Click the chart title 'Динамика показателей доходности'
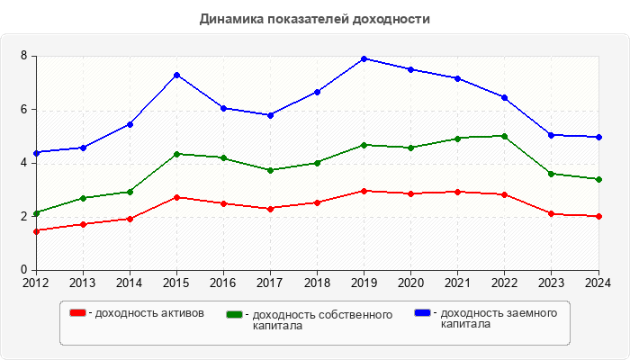[x=314, y=19]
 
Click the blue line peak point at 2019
[x=364, y=58]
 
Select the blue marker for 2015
[x=176, y=75]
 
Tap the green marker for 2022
[x=504, y=136]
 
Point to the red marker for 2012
[x=36, y=231]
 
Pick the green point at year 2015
[x=176, y=154]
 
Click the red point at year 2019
[x=364, y=191]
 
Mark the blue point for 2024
[x=598, y=137]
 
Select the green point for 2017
[x=270, y=170]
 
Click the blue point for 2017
[x=270, y=115]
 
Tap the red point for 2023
[x=552, y=213]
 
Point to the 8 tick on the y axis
[x=25, y=57]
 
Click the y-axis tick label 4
[x=25, y=163]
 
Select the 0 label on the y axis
[x=25, y=270]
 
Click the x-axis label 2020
[x=410, y=283]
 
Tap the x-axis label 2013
[x=83, y=283]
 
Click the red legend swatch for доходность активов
[x=77, y=313]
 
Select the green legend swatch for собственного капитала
[x=235, y=315]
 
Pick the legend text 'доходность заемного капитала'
[x=495, y=319]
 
